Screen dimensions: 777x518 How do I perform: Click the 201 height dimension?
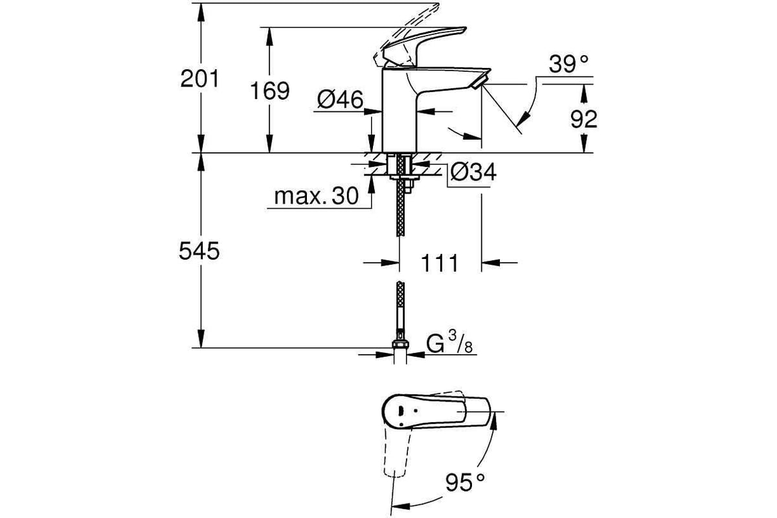click(199, 79)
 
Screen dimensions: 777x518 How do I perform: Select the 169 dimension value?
click(269, 91)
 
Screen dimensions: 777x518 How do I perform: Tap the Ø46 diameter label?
click(340, 100)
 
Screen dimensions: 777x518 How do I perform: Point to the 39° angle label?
click(569, 64)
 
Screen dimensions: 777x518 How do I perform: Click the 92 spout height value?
click(584, 119)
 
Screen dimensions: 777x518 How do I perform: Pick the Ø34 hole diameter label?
click(473, 172)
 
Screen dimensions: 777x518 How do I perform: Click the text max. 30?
click(316, 196)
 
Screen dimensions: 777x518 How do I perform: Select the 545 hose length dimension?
click(199, 251)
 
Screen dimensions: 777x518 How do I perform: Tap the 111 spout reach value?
click(440, 263)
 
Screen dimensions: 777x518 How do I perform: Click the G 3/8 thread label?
click(449, 343)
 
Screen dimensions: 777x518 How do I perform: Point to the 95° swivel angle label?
click(465, 482)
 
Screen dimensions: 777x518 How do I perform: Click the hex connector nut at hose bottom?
click(400, 344)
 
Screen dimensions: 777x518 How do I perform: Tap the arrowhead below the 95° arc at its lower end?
click(400, 506)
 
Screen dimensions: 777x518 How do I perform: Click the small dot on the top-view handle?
click(416, 411)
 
